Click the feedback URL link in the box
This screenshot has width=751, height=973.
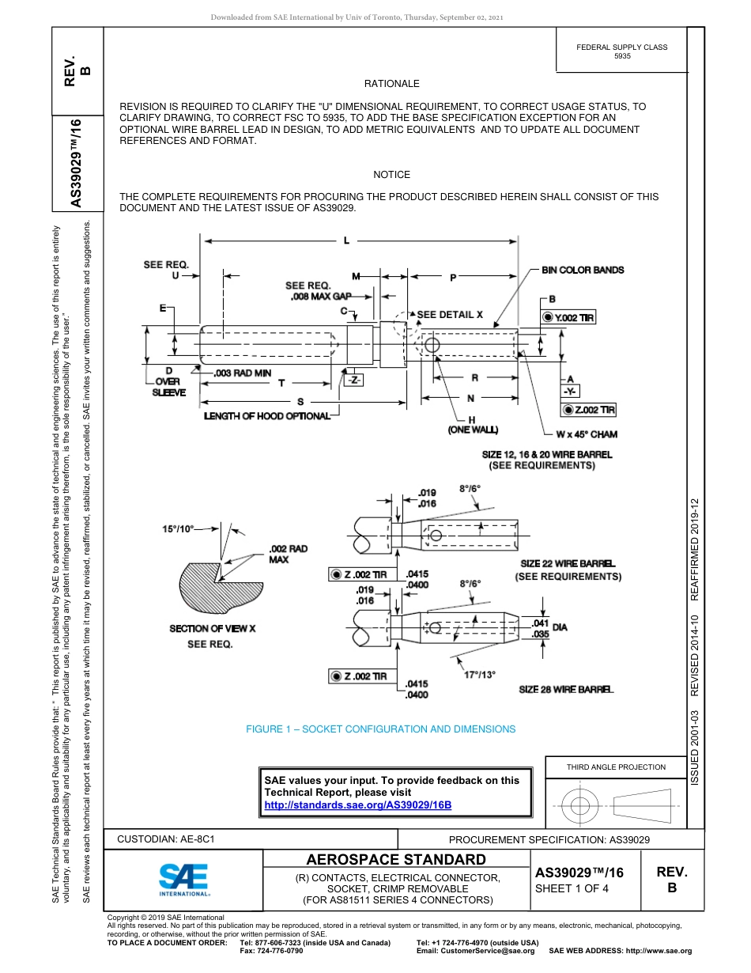click(357, 805)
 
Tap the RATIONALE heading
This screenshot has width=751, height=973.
click(391, 84)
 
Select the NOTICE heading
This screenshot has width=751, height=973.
click(391, 175)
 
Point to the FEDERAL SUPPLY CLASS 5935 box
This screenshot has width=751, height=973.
click(622, 51)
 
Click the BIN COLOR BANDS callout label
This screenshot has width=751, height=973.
click(583, 271)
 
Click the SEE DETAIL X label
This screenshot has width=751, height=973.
click(450, 314)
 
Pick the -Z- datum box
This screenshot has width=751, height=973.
click(353, 380)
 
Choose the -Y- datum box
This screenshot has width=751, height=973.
click(570, 392)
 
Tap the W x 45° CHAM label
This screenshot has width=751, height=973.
click(586, 434)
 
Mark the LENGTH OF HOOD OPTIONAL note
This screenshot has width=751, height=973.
click(267, 416)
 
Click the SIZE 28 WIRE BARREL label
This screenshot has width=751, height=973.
click(566, 690)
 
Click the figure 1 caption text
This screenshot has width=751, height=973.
click(380, 729)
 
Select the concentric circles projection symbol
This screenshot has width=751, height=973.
click(581, 805)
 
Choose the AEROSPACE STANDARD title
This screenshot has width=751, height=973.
click(396, 860)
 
